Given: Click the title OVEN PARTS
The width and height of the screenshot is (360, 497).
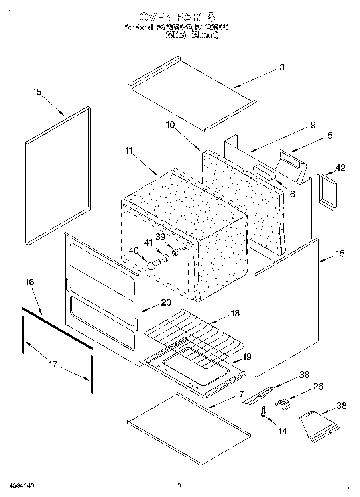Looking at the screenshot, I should click(x=177, y=17).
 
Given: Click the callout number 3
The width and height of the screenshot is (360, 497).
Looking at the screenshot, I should click(x=282, y=68).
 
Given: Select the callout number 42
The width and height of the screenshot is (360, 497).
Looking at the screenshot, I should click(x=340, y=168).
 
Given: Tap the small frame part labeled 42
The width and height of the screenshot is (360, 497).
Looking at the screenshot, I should click(x=326, y=191).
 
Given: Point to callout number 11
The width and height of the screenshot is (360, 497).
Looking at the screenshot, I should click(x=128, y=151).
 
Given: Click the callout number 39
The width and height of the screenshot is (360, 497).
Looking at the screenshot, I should click(x=160, y=237).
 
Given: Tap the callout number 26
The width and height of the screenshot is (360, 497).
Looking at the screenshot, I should click(x=318, y=387).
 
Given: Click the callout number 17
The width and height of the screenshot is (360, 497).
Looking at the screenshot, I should click(x=53, y=364).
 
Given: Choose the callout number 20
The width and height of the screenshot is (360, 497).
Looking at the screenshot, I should click(x=166, y=303).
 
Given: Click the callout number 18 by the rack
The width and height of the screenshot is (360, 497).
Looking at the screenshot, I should click(x=235, y=314).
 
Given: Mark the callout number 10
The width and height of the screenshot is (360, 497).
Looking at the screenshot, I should click(x=170, y=125).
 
